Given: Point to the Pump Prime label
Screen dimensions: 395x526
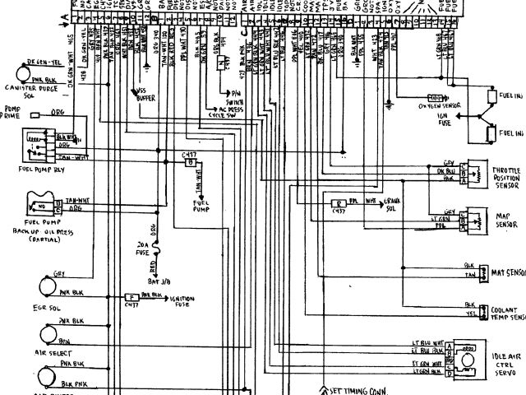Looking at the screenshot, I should tap(16, 112).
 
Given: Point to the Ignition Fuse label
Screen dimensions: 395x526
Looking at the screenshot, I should tap(182, 300).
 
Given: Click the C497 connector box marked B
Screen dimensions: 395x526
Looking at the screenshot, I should tap(191, 164).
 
